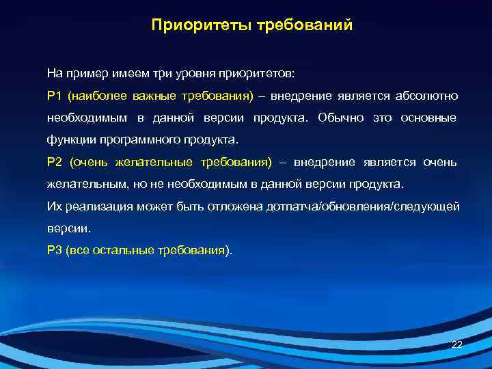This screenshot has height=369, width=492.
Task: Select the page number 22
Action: (x=457, y=344)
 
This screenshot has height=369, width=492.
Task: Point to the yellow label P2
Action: (x=54, y=162)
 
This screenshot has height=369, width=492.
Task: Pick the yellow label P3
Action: (x=54, y=251)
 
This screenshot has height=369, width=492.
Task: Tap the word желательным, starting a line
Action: (x=81, y=184)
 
